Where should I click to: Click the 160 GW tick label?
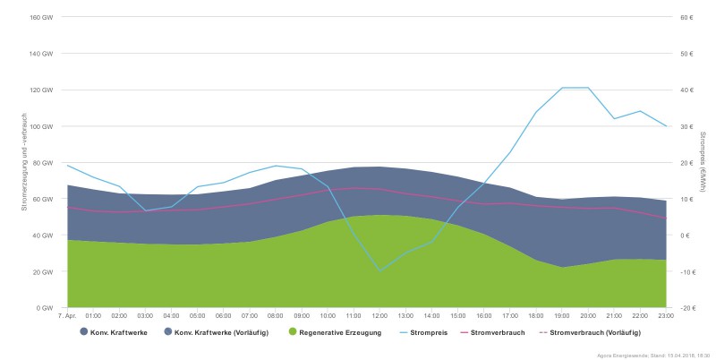click(x=42, y=17)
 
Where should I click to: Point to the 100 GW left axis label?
click(x=42, y=126)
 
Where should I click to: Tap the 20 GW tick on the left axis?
click(x=44, y=271)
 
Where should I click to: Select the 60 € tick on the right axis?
click(x=686, y=17)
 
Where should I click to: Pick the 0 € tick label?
click(x=685, y=236)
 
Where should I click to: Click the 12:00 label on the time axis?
click(x=379, y=315)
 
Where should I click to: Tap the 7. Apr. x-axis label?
click(x=67, y=315)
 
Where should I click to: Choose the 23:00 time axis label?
click(x=666, y=315)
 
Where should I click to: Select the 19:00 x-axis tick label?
click(x=562, y=315)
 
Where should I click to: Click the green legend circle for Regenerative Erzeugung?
click(x=294, y=332)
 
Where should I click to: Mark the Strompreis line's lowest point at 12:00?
click(x=379, y=270)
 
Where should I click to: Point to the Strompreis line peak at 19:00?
click(x=562, y=88)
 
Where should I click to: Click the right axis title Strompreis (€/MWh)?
click(x=703, y=161)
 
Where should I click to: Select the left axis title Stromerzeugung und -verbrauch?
click(x=24, y=161)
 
